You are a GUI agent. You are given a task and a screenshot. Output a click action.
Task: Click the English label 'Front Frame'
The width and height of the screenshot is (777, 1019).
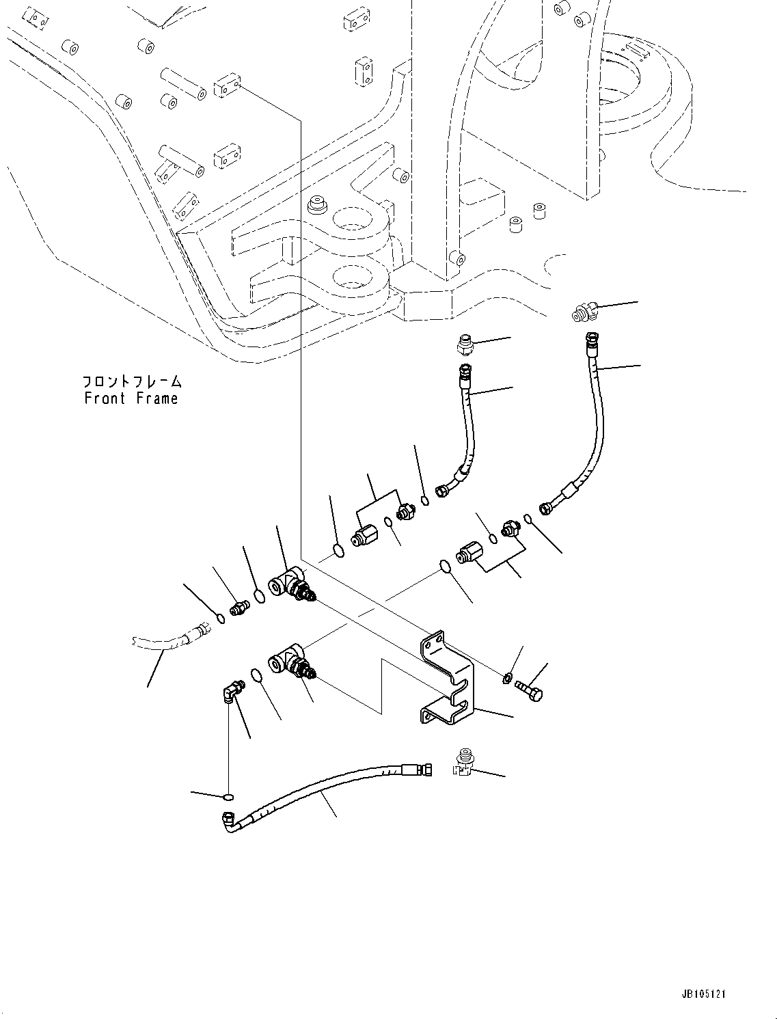click(131, 398)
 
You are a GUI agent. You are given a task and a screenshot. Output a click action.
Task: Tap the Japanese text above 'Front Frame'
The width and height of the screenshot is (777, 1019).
click(132, 381)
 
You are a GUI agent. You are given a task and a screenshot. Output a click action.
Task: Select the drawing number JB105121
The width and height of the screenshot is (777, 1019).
click(703, 994)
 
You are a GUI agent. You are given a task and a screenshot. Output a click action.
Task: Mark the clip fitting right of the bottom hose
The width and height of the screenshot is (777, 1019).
click(463, 764)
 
